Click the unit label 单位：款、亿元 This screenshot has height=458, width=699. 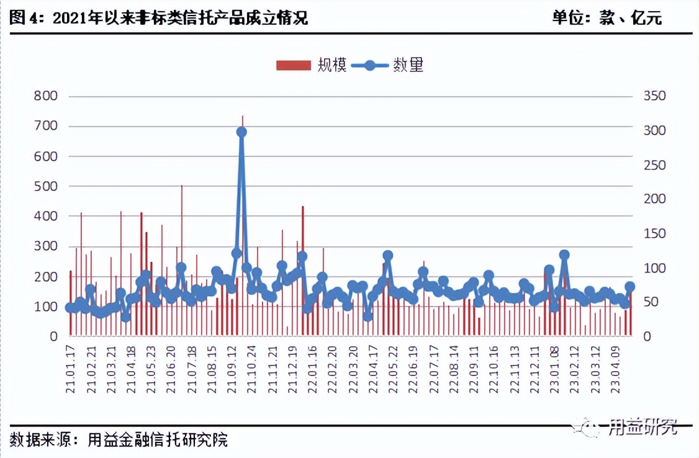(607, 18)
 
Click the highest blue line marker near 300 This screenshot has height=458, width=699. (241, 132)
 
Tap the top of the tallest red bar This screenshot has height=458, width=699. (242, 117)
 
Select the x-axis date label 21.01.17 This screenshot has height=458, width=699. (71, 370)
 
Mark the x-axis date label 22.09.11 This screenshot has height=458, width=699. (475, 370)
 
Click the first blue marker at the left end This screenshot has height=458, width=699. (70, 308)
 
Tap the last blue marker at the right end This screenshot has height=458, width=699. (630, 287)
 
